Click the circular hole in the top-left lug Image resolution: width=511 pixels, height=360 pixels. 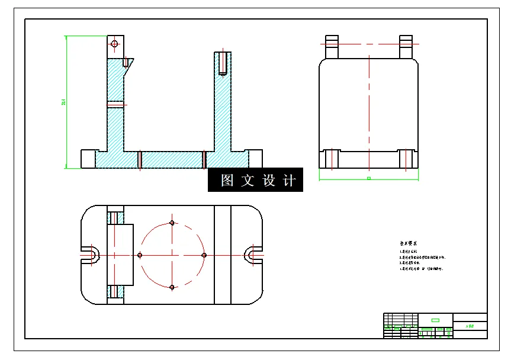pos(114,43)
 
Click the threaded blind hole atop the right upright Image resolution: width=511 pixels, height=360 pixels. pos(223,63)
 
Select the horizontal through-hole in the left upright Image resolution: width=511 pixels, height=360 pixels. pos(116,105)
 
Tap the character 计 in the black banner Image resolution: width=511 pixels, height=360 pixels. pos(289,180)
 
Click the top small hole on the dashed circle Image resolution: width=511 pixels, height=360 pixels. pos(172,223)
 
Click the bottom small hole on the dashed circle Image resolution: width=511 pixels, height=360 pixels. pos(172,287)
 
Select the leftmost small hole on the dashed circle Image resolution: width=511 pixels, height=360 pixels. pos(140,255)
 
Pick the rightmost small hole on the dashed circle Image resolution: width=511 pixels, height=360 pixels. pos(204,255)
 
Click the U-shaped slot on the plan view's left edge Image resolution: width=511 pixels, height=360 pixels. pos(90,255)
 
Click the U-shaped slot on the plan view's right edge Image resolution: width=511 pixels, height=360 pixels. pos(253,255)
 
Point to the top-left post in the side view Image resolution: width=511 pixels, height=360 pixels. pos(332,47)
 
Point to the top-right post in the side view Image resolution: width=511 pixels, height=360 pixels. pos(406,47)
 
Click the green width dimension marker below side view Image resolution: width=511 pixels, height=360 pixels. pos(368,178)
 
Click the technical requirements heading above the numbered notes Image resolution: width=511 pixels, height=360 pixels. pos(409,243)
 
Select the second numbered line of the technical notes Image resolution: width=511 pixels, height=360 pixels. pos(422,258)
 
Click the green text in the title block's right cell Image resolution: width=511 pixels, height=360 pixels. pos(470,326)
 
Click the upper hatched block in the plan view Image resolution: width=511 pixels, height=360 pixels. pos(115,214)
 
